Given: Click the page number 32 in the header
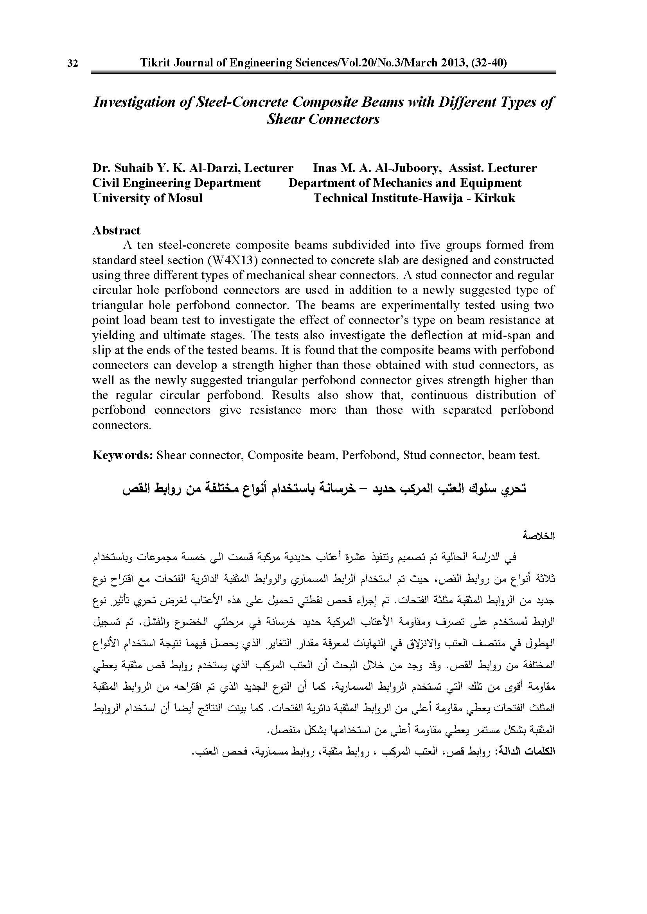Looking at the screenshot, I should (x=72, y=64).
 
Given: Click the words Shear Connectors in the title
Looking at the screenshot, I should (x=323, y=120).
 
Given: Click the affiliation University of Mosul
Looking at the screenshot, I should (x=147, y=198).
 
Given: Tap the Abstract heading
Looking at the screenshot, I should (x=116, y=231).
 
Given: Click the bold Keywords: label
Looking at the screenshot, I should (x=123, y=455).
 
